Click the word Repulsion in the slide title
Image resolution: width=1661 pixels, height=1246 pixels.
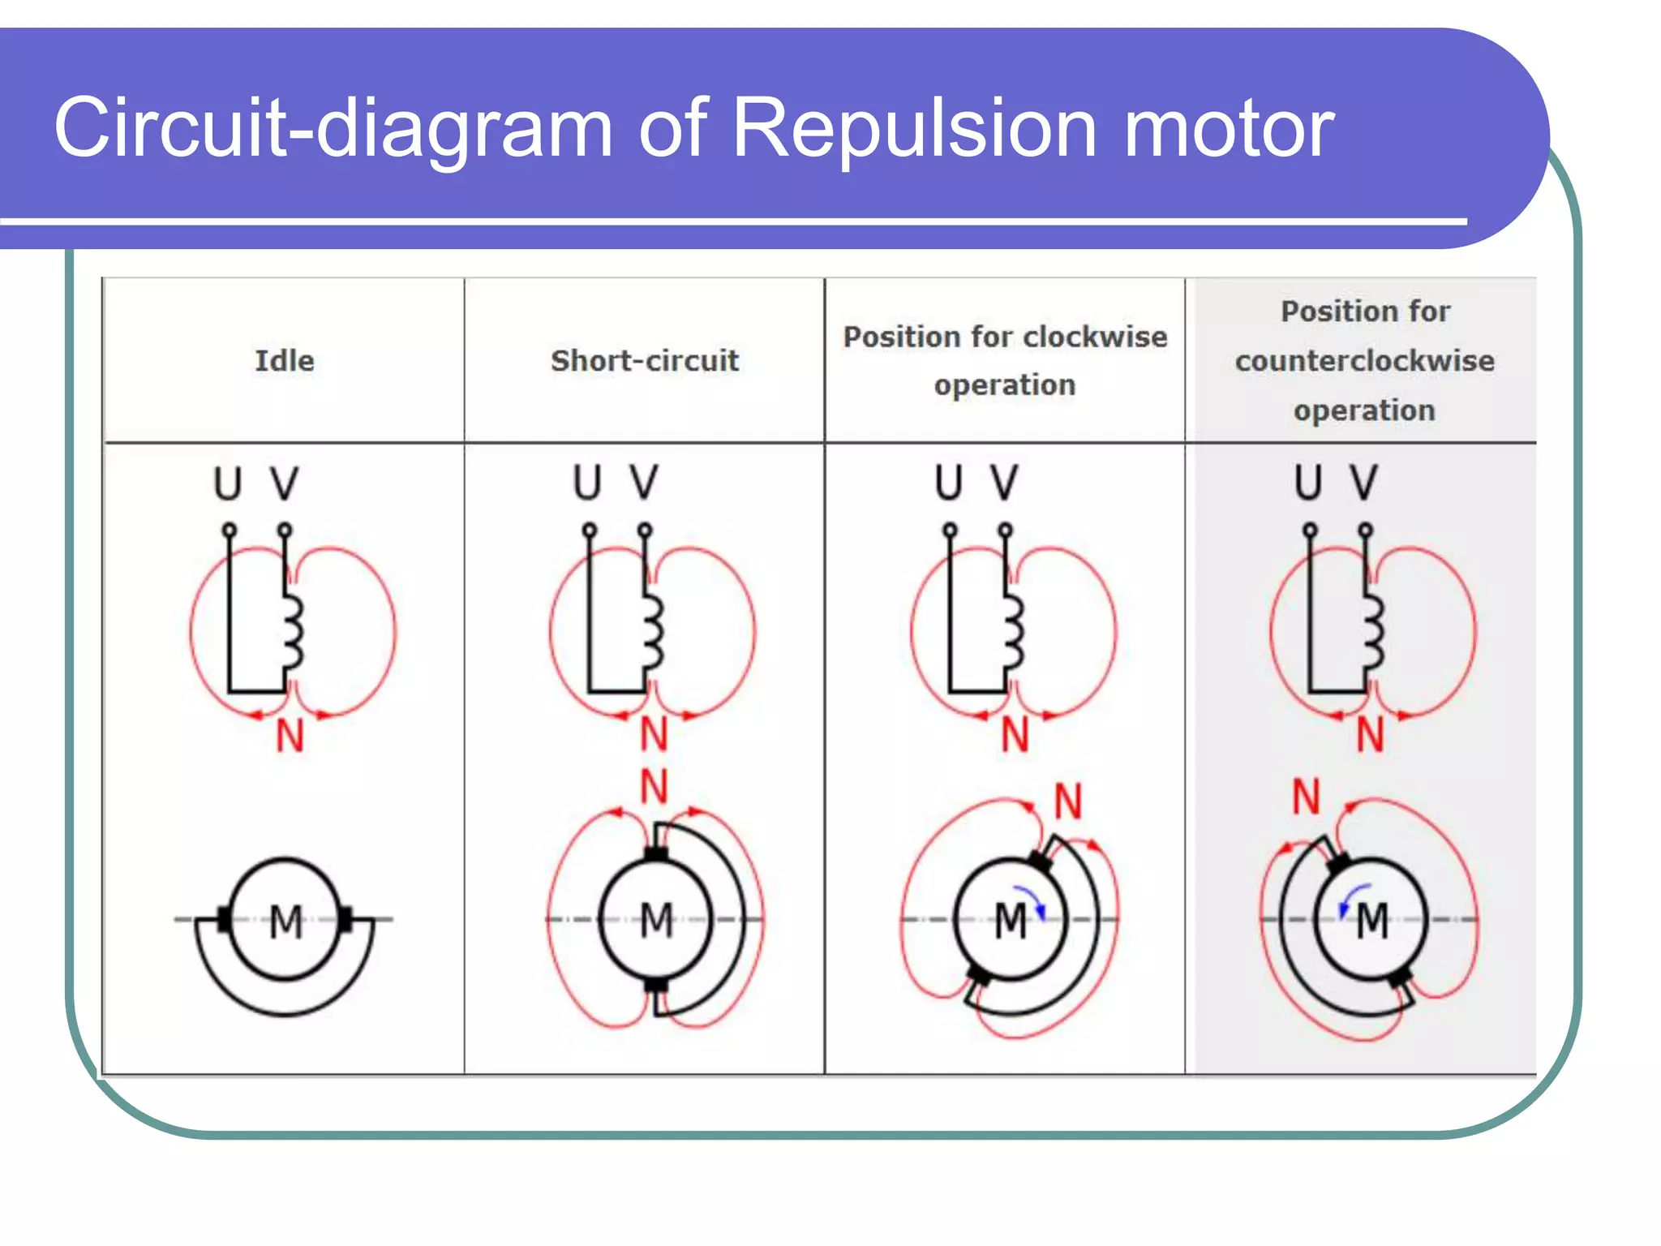click(914, 128)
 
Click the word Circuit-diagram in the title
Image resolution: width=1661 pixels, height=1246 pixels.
click(333, 128)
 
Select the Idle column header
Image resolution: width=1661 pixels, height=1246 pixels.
click(284, 360)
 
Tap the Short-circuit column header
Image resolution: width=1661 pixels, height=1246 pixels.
click(645, 360)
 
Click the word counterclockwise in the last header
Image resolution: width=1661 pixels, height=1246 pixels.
click(1364, 360)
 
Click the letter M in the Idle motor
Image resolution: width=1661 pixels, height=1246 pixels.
click(285, 922)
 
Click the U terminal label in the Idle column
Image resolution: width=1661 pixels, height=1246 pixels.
click(228, 483)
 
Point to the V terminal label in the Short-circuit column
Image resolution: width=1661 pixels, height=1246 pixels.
click(644, 482)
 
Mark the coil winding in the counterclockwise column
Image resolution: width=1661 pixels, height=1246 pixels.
click(1372, 631)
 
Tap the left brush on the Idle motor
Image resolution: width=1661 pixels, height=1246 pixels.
click(225, 919)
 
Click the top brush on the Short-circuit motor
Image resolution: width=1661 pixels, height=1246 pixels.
click(655, 853)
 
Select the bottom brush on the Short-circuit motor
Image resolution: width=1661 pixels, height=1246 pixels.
click(655, 986)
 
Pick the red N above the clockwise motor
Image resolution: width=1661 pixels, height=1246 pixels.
click(1068, 801)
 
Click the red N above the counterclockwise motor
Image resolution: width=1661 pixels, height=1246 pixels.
click(1306, 797)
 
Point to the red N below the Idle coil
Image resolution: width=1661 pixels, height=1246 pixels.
click(290, 737)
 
